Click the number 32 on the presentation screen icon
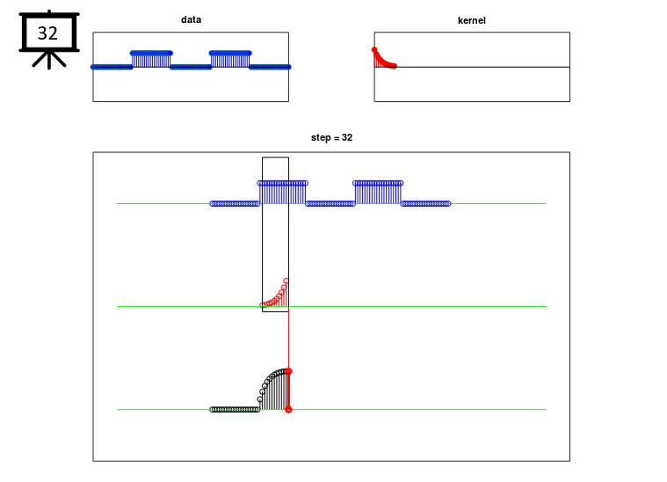point(47,33)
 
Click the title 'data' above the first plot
point(191,19)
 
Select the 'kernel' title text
point(471,20)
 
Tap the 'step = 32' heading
point(331,137)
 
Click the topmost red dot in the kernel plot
point(374,50)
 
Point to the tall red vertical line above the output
point(288,340)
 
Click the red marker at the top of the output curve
point(288,372)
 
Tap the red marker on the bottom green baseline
point(288,410)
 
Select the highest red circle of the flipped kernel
point(286,281)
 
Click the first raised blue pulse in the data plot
point(151,60)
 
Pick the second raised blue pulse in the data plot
point(230,60)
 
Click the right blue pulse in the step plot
point(378,193)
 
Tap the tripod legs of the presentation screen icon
point(49,61)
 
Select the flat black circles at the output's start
point(235,410)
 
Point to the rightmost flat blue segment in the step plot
point(425,204)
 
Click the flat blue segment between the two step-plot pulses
point(330,204)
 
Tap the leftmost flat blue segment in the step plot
point(235,204)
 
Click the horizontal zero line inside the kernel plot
point(472,67)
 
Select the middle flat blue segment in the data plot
point(191,67)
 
